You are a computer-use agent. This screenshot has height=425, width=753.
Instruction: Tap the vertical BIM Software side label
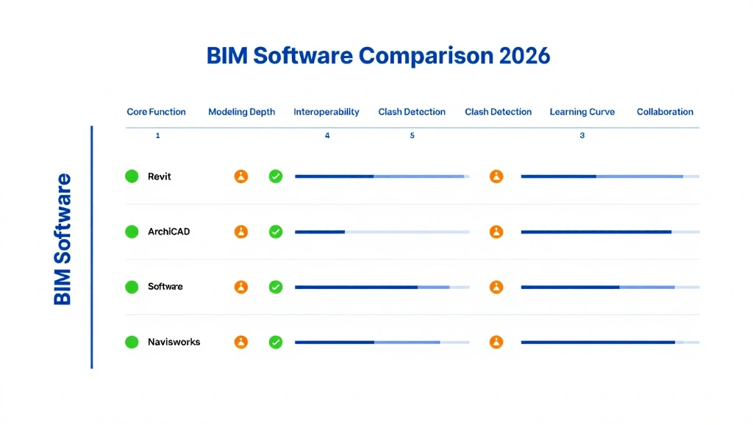click(63, 239)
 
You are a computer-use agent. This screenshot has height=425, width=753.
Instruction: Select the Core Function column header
click(156, 112)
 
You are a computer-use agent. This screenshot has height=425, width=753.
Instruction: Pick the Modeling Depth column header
click(241, 112)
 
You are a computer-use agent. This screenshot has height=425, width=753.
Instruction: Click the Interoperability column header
click(326, 112)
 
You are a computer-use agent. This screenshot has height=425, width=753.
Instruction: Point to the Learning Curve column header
click(582, 112)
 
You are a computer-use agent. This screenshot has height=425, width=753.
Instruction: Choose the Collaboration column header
click(665, 112)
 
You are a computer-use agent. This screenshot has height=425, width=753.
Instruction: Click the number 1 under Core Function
click(157, 136)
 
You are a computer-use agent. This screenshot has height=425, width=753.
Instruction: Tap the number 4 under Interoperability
click(327, 136)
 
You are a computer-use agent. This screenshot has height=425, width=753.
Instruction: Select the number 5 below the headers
click(412, 136)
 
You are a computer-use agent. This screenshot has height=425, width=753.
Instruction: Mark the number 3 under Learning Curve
click(582, 136)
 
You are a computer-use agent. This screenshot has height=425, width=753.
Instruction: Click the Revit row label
click(160, 176)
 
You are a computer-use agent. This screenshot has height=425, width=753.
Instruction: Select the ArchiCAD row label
click(168, 232)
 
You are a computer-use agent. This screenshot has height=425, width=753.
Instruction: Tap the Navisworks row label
click(174, 342)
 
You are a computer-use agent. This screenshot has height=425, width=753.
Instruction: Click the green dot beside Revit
click(132, 176)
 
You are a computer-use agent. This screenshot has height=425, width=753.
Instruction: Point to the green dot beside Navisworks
click(132, 342)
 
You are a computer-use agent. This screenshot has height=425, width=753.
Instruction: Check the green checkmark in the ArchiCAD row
click(276, 232)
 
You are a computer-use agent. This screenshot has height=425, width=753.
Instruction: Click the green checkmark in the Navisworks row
click(276, 342)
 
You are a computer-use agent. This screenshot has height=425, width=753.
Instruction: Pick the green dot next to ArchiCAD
click(132, 232)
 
